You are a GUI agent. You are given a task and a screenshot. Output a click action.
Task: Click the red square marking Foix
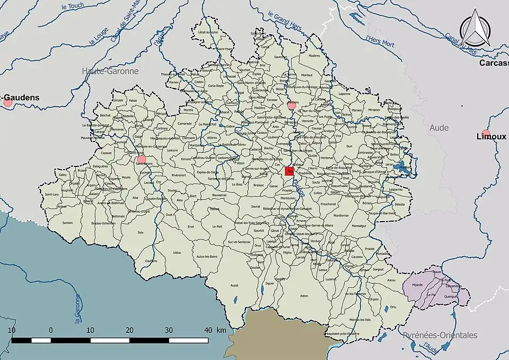point(289,171)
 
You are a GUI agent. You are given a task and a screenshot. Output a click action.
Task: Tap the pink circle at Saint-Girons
point(141,159)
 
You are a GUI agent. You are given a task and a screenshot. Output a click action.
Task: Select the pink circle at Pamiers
point(291,106)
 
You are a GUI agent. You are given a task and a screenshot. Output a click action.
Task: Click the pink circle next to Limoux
point(486,133)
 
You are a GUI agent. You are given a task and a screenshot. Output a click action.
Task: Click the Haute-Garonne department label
point(110,71)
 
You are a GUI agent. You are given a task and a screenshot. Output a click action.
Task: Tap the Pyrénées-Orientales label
point(440,335)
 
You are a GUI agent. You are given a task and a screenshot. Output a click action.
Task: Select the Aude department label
point(439,128)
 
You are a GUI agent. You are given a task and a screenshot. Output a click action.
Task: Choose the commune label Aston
point(304,295)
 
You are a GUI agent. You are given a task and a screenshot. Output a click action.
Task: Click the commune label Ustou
point(177,252)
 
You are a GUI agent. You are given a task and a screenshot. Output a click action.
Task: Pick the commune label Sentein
point(67,223)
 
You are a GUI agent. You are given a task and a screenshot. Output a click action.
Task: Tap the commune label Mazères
point(314,55)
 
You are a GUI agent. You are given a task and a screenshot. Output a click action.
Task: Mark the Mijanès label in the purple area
point(417,285)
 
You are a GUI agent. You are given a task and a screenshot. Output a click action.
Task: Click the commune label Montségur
point(359,226)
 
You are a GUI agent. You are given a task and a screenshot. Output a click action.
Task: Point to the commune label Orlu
point(393,307)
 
